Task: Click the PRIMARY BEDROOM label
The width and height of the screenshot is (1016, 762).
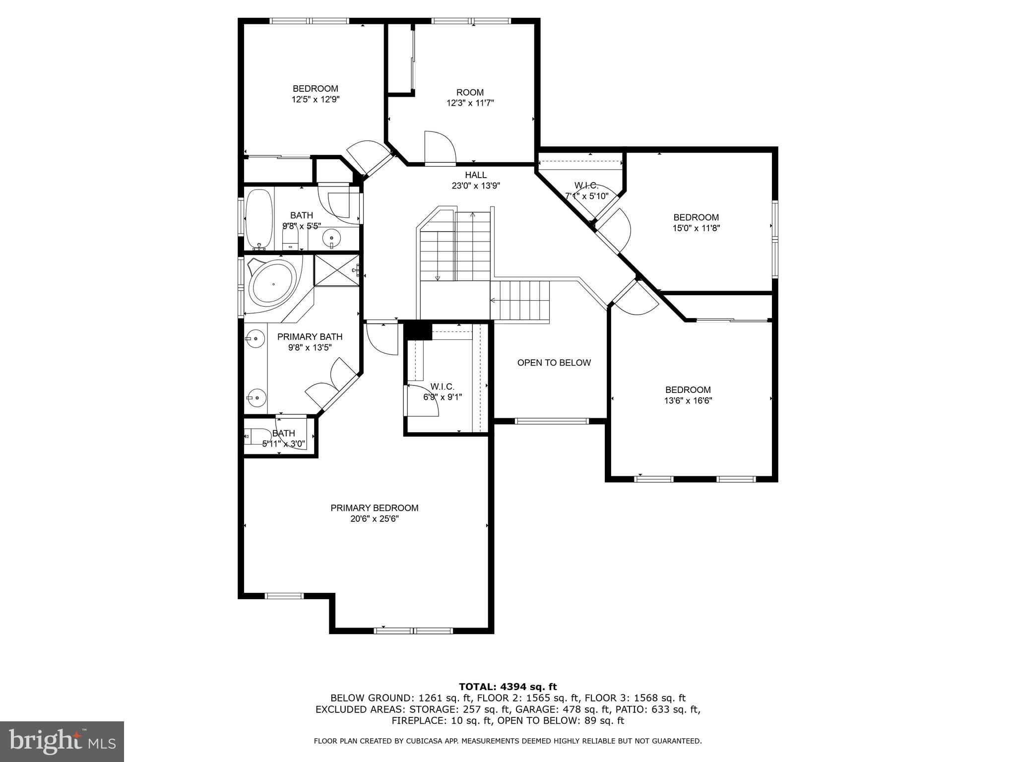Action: (x=375, y=508)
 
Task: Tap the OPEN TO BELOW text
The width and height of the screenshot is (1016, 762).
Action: (x=554, y=363)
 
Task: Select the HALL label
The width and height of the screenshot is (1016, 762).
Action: (x=475, y=175)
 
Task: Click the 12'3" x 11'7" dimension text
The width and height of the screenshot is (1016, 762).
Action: (x=470, y=103)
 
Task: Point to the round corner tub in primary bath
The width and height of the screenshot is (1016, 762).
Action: (x=272, y=285)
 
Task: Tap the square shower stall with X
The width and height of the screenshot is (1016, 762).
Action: (x=336, y=270)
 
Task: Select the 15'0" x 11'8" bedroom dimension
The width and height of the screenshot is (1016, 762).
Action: (x=696, y=228)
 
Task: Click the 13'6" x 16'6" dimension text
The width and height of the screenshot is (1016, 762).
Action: (x=688, y=401)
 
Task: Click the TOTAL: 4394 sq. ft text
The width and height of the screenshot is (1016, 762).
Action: (x=508, y=687)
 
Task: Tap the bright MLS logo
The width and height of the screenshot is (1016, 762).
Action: (x=62, y=741)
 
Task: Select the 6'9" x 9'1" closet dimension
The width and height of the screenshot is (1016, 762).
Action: (x=442, y=397)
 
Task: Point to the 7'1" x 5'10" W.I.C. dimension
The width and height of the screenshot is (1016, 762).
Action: (x=586, y=196)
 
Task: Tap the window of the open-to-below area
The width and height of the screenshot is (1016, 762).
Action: (x=551, y=421)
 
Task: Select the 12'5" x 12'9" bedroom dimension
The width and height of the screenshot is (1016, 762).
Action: (x=315, y=99)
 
